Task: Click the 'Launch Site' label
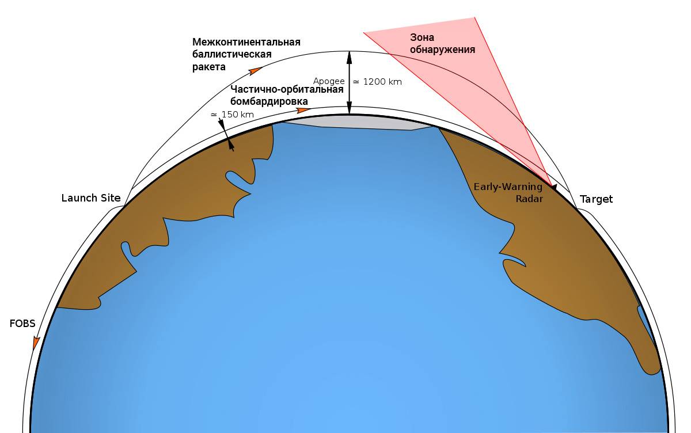point(91,198)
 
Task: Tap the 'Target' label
point(597,199)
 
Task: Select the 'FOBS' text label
point(22,324)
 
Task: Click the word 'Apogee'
point(329,81)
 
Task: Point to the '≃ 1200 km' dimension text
point(377,82)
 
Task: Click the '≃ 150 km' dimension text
point(232,115)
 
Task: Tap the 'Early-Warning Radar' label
point(508,193)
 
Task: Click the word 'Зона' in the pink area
point(422,37)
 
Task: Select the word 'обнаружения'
point(442,50)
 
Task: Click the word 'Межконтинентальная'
point(246,42)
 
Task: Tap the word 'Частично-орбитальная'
point(287,89)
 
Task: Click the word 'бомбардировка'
point(269,101)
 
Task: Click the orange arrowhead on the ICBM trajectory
point(256,71)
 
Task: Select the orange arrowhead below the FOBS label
point(36,343)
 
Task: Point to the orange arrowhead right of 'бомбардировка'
point(303,111)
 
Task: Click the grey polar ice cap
point(358,123)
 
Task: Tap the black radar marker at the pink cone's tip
point(554,187)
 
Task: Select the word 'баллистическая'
point(232,54)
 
